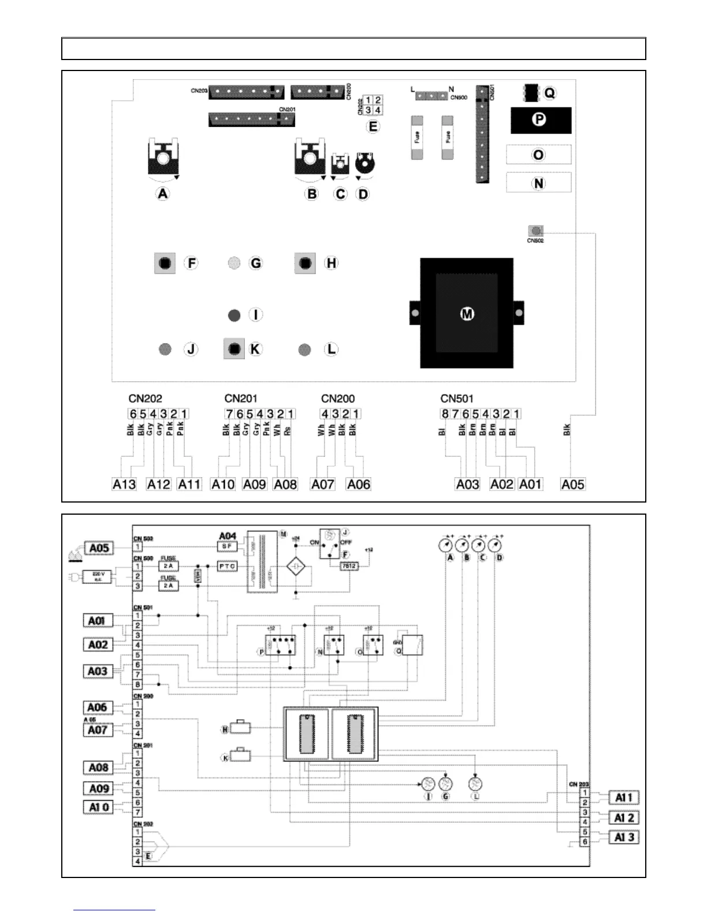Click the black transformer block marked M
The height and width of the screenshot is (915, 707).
coord(467,313)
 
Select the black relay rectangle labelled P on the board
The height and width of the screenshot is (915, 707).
coord(541,120)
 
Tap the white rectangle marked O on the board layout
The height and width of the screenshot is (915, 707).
coord(538,155)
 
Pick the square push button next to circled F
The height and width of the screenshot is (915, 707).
coord(165,263)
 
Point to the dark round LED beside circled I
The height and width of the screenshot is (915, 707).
coord(234,315)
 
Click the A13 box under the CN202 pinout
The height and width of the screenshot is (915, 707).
coord(124,484)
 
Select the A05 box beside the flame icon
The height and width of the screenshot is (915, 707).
coord(99,548)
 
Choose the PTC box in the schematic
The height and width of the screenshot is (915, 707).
coord(227,566)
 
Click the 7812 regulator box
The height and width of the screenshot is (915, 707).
coord(348,566)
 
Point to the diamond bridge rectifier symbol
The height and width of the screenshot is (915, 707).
coord(296,566)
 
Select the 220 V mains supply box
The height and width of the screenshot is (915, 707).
coord(99,575)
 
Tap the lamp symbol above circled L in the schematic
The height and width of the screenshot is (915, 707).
coord(475,784)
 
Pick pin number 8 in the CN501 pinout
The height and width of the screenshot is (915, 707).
coord(445,414)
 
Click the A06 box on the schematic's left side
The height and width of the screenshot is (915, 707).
coord(97,708)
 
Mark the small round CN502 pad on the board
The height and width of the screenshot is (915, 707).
coord(536,231)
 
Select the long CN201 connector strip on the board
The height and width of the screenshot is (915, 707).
coord(252,120)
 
